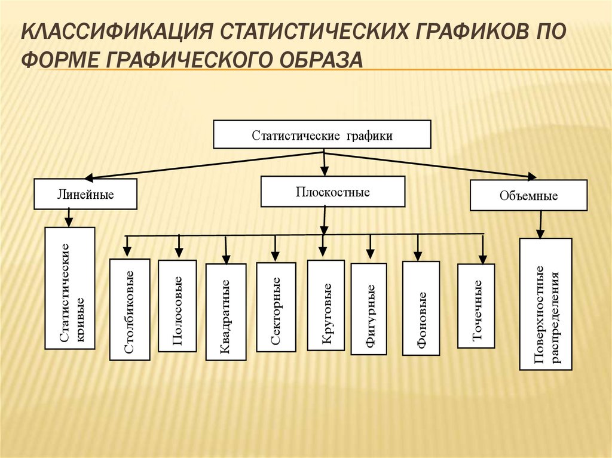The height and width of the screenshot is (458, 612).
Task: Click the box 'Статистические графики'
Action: pyautogui.click(x=322, y=135)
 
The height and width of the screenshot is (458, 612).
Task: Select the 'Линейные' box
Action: pyautogui.click(x=85, y=194)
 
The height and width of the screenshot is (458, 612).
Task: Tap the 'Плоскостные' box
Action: pyautogui.click(x=333, y=192)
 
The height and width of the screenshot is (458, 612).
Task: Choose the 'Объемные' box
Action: pyautogui.click(x=528, y=195)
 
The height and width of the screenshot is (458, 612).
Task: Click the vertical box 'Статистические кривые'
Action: pyautogui.click(x=70, y=288)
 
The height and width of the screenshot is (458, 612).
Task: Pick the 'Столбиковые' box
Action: pyautogui.click(x=130, y=309)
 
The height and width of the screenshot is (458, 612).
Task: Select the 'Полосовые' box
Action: pyautogui.click(x=178, y=306)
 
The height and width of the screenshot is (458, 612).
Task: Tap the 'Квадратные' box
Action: pyautogui.click(x=226, y=312)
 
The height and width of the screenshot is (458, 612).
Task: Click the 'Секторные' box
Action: pyautogui.click(x=276, y=307)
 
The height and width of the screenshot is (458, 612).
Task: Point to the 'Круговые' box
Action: pyautogui.click(x=326, y=305)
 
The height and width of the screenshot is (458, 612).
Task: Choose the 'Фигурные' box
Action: pyautogui.click(x=369, y=309)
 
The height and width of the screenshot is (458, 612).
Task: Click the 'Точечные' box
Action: pyautogui.click(x=476, y=306)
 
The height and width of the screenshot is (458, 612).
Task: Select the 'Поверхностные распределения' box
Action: pyautogui.click(x=546, y=304)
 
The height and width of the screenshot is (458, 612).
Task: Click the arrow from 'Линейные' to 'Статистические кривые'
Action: pyautogui.click(x=69, y=218)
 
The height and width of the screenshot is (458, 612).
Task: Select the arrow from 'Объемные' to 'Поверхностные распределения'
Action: pyautogui.click(x=540, y=225)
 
